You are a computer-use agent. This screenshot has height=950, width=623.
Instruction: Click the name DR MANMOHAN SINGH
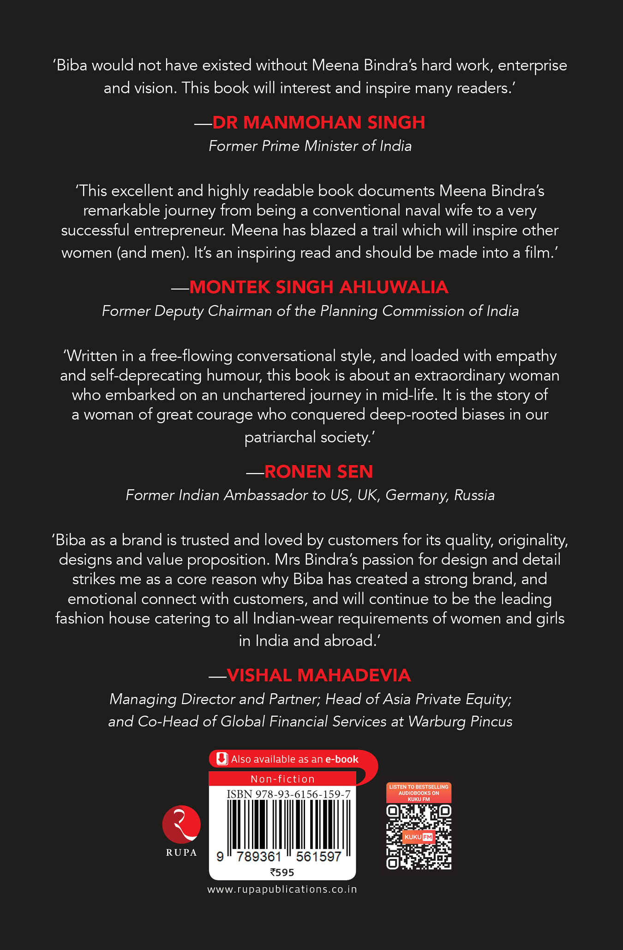coord(318,122)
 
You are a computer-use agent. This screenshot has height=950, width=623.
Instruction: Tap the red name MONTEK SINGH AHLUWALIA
coord(318,287)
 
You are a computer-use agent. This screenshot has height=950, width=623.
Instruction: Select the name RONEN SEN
coord(318,472)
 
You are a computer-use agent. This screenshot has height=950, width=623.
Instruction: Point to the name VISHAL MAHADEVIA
coord(318,675)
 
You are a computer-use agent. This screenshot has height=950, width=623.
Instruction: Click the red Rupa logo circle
coord(181,825)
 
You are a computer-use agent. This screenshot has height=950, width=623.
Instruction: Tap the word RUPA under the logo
coord(181,853)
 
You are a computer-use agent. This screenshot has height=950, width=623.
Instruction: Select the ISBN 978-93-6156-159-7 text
coord(288,794)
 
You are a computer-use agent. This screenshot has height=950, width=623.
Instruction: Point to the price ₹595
coord(282,872)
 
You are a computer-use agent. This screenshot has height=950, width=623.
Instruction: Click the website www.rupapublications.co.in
coord(282,889)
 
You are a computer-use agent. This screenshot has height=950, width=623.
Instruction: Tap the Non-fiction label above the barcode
coord(282,779)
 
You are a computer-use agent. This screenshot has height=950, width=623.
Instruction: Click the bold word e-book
coord(341,759)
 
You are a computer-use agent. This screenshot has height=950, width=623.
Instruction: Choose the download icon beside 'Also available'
coord(222,759)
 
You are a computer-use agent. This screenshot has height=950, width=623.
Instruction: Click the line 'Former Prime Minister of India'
coord(310,146)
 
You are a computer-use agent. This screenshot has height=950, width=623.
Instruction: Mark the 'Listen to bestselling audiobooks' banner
coord(419,793)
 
